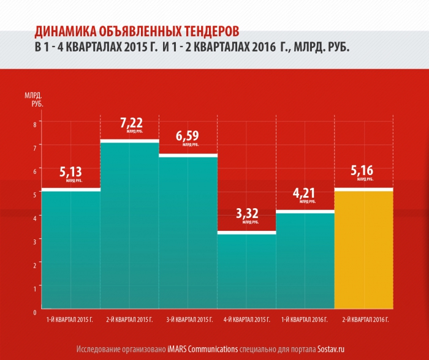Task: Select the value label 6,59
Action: click(188, 137)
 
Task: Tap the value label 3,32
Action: click(246, 214)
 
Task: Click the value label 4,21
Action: click(304, 193)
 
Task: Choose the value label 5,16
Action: click(363, 171)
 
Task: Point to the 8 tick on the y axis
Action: click(35, 124)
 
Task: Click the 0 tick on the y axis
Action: click(35, 312)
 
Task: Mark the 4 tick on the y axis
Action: click(35, 218)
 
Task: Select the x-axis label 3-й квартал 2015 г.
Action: click(188, 320)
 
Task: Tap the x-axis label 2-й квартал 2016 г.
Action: click(363, 320)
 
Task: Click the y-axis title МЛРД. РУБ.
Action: click(32, 100)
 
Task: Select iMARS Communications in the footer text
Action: click(202, 350)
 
